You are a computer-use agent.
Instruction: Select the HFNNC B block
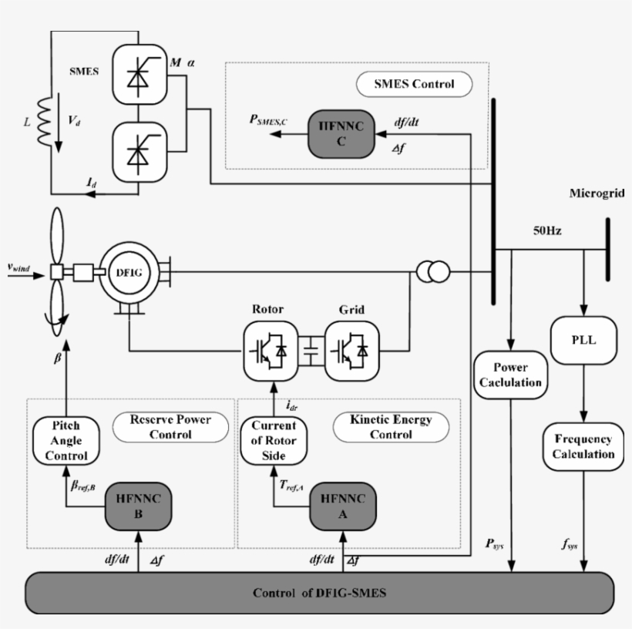point(137,506)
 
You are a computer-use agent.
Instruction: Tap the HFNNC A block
point(342,506)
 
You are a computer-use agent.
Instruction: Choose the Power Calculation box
point(510,375)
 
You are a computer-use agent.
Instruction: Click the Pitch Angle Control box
point(66,440)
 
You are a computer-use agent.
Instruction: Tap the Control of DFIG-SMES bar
point(319,594)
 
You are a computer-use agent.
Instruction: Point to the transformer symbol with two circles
point(432,272)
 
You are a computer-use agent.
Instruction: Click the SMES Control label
point(414,84)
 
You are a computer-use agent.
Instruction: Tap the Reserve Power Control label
point(171,427)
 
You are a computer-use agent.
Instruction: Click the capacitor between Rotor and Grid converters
point(311,351)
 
